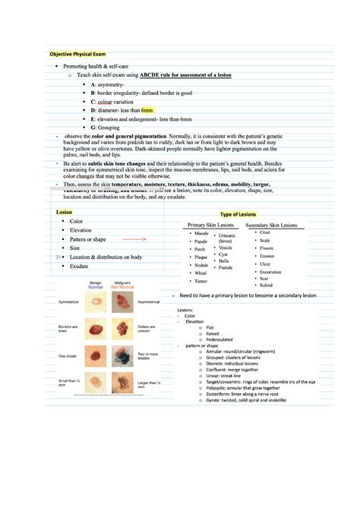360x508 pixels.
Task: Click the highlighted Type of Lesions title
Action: click(x=238, y=215)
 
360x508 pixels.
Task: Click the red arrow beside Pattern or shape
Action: click(x=134, y=239)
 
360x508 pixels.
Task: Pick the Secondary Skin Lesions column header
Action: click(x=275, y=226)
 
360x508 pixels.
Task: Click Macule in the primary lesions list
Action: click(x=202, y=233)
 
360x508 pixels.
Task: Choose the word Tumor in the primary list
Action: click(x=201, y=281)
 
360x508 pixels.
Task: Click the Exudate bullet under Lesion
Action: click(x=79, y=267)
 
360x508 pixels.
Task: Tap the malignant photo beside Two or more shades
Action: click(x=122, y=355)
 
